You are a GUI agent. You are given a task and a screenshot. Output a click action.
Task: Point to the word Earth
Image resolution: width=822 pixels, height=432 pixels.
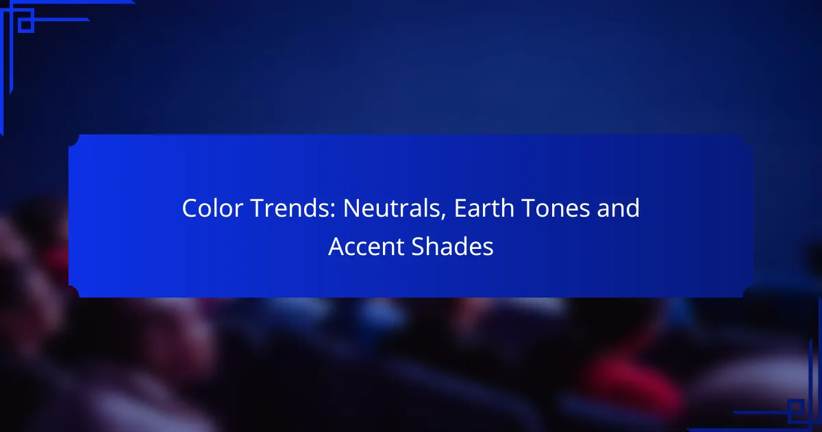pos(484,208)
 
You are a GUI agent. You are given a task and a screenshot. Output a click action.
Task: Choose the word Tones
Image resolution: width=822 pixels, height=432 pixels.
pos(556,208)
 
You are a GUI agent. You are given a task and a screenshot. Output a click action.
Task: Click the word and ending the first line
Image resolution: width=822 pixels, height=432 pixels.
pos(619,208)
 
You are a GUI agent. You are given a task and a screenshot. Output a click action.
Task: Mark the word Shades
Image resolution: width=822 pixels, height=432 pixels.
pos(453,246)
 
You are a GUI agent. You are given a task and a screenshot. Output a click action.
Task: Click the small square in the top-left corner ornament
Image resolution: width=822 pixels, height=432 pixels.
pos(26,25)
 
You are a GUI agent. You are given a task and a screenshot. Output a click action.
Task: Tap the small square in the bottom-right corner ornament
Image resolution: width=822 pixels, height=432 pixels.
pos(795,407)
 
